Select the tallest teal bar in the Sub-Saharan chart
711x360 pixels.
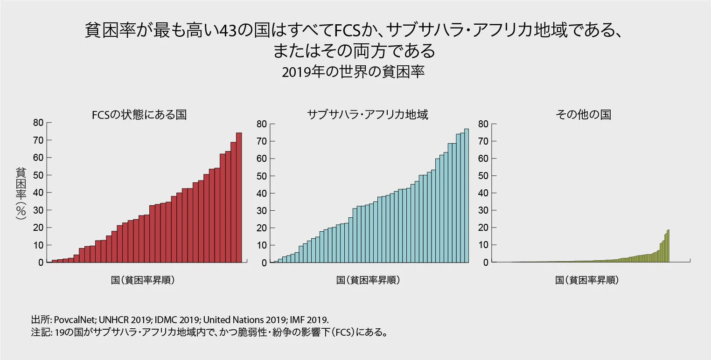coord(466,196)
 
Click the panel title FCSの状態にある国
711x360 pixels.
coord(139,115)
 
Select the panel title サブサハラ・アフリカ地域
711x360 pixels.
coord(367,115)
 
